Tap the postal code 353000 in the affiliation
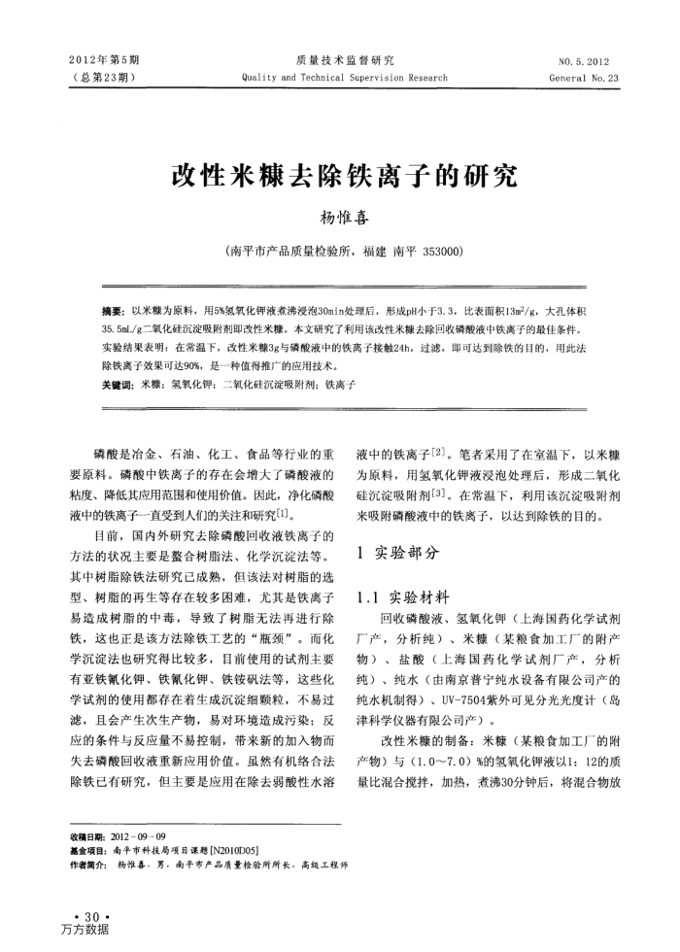(442, 251)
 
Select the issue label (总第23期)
(103, 78)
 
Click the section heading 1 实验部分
(398, 553)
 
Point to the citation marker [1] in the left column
(283, 511)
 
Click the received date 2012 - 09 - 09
(139, 836)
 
